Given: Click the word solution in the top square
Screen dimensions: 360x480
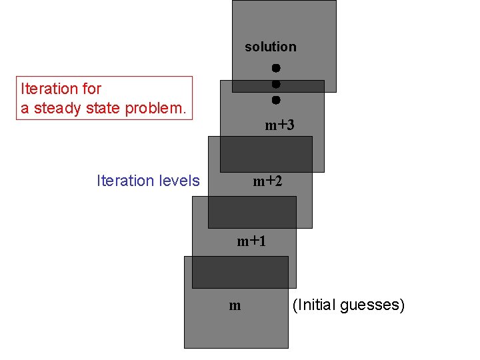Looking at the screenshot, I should click(x=270, y=47).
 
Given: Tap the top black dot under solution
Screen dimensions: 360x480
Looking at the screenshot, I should click(x=275, y=68).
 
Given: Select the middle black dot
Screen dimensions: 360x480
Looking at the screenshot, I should click(x=275, y=84).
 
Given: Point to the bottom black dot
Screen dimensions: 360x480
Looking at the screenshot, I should click(x=275, y=100).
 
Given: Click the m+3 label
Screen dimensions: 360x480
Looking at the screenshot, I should click(x=279, y=125).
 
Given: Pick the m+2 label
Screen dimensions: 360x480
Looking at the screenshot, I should click(x=267, y=181).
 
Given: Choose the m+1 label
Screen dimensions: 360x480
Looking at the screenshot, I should click(x=251, y=241).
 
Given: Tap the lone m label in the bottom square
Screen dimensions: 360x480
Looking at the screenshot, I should click(x=235, y=306).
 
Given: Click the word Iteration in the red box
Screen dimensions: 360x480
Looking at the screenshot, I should click(x=50, y=89).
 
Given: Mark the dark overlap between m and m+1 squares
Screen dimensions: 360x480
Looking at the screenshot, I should click(x=240, y=272).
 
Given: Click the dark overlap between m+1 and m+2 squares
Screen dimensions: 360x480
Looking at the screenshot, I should click(x=252, y=212).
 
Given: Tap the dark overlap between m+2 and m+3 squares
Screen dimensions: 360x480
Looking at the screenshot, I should click(x=266, y=155).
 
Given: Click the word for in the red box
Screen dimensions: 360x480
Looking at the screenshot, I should click(x=92, y=89).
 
